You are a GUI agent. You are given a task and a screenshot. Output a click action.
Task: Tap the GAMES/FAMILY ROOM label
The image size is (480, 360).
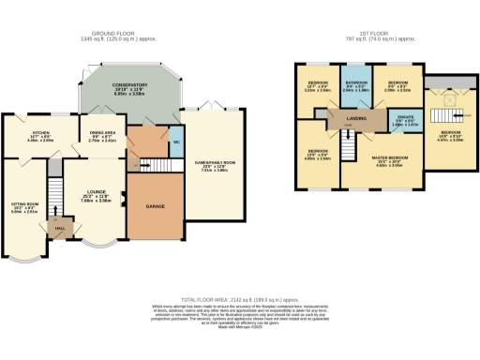pos(215,166)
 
